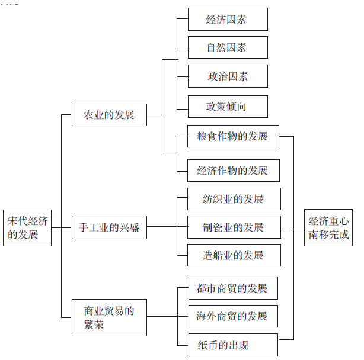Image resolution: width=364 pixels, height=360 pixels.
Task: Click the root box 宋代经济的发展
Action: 27,228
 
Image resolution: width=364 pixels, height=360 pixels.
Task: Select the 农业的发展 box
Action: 109,114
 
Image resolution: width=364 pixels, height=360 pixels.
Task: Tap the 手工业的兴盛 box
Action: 109,227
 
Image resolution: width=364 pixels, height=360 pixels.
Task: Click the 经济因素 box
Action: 228,20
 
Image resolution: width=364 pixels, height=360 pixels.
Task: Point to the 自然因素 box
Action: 228,48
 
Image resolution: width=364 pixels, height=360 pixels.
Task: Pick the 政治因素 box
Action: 228,76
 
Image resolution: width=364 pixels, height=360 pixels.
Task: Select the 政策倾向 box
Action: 228,107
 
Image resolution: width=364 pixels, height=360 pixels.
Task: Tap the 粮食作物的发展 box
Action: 232,136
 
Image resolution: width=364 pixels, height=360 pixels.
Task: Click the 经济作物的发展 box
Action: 232,171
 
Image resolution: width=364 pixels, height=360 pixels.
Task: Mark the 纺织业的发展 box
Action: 233,199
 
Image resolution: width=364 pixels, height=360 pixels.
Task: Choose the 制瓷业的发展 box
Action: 233,227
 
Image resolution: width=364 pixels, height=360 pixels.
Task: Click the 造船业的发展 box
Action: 233,255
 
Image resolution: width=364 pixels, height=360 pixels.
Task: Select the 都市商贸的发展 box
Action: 232,288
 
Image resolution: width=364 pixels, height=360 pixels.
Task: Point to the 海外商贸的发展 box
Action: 232,316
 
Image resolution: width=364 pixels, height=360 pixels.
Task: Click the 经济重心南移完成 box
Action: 328,228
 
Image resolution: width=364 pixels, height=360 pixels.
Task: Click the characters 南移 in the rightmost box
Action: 319,235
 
